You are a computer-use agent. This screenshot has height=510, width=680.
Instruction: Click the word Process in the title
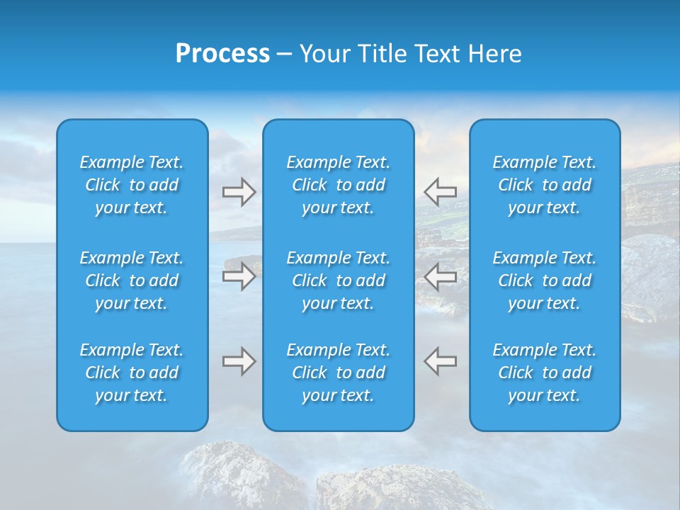pos(222,54)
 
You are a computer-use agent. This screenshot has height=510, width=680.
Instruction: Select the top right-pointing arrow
pos(239,192)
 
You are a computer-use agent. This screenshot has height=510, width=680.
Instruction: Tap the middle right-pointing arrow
pos(239,276)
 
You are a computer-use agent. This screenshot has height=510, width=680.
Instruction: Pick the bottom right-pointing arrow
pos(239,361)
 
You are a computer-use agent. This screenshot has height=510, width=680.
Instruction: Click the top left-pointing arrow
pos(440,191)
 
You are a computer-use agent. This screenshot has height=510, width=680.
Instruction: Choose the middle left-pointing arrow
pos(440,276)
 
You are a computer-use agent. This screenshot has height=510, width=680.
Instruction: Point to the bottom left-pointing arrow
pos(440,361)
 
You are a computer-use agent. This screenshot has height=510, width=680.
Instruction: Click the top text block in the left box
pos(132,185)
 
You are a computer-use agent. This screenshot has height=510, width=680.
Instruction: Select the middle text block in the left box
pos(132,280)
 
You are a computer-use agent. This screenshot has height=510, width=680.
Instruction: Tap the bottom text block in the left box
pos(132,373)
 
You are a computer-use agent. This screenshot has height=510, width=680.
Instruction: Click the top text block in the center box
pos(338,185)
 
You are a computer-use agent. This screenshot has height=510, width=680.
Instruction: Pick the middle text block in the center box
pos(338,280)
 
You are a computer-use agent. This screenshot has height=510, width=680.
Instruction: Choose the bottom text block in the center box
pos(338,373)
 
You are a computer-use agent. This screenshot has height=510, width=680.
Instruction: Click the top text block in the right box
pos(544,185)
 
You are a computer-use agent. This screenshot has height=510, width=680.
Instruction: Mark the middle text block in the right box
pos(544,280)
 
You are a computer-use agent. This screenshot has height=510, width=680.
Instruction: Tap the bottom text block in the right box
pos(544,373)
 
